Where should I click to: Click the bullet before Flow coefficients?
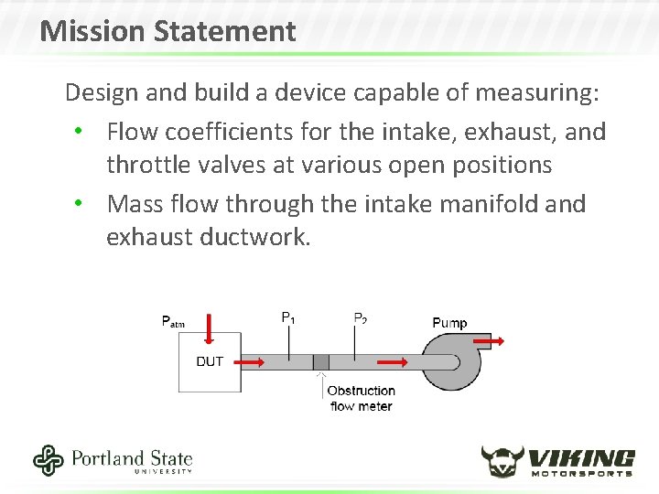(81, 132)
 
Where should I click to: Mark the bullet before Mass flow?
(81, 203)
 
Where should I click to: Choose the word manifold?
(482, 203)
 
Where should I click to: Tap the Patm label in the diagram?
(173, 321)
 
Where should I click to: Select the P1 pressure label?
(287, 318)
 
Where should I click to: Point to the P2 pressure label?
(361, 318)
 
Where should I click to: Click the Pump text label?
(449, 322)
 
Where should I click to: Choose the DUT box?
(210, 362)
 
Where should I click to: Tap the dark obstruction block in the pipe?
(320, 361)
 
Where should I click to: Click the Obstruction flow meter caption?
(361, 398)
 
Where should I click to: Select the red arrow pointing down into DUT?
(210, 328)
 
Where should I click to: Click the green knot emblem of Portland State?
(48, 460)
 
